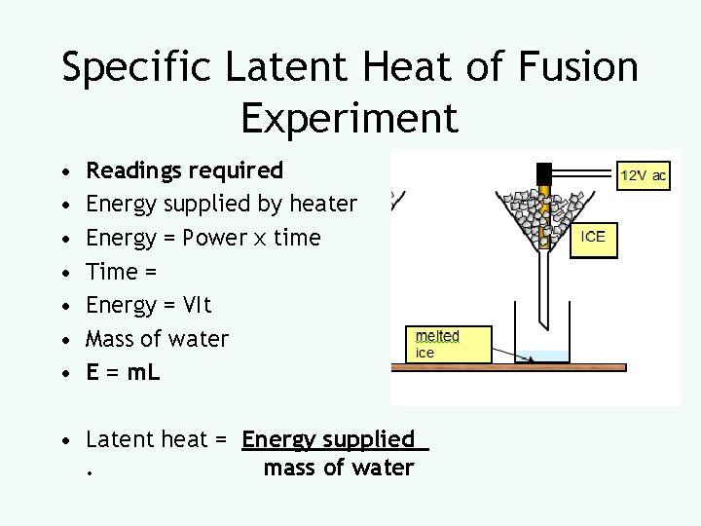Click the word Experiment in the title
[x=350, y=118]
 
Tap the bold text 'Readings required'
[x=185, y=170]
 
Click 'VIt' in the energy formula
[x=194, y=305]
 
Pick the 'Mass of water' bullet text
[x=158, y=339]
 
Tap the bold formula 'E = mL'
[x=123, y=372]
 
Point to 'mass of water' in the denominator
[x=339, y=468]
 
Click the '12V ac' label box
[x=644, y=176]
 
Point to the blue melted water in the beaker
[x=543, y=357]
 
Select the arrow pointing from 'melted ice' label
[x=497, y=352]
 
